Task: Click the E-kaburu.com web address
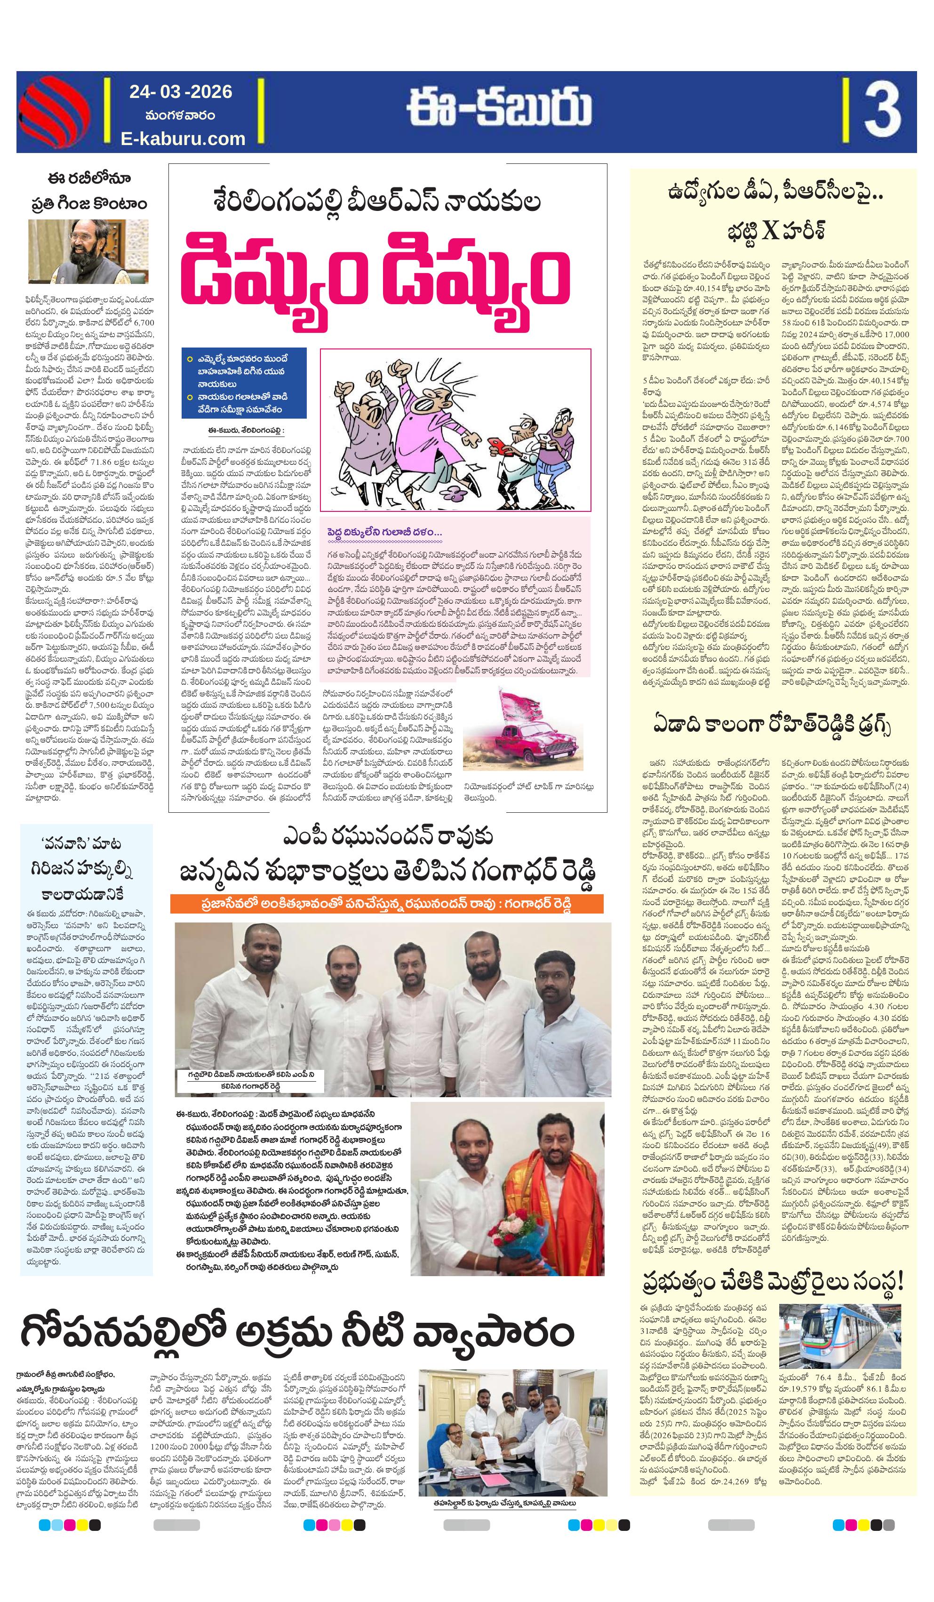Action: point(183,138)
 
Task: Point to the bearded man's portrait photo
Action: point(88,251)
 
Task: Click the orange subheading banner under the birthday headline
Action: point(386,903)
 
